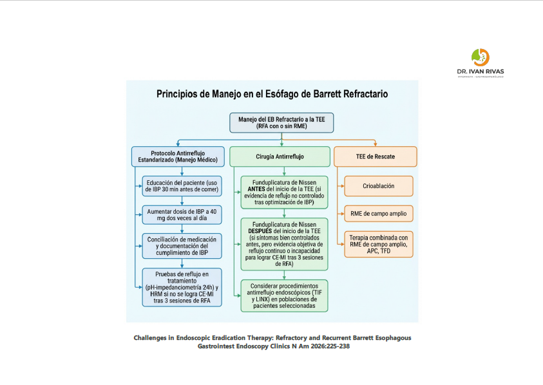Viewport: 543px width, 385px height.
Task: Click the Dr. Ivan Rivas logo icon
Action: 481,57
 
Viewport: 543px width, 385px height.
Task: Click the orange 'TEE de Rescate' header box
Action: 375,156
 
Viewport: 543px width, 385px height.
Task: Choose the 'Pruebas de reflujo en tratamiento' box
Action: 182,287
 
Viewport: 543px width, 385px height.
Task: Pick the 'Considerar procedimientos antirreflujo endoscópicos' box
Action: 284,296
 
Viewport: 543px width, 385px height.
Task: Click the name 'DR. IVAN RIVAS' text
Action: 480,71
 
